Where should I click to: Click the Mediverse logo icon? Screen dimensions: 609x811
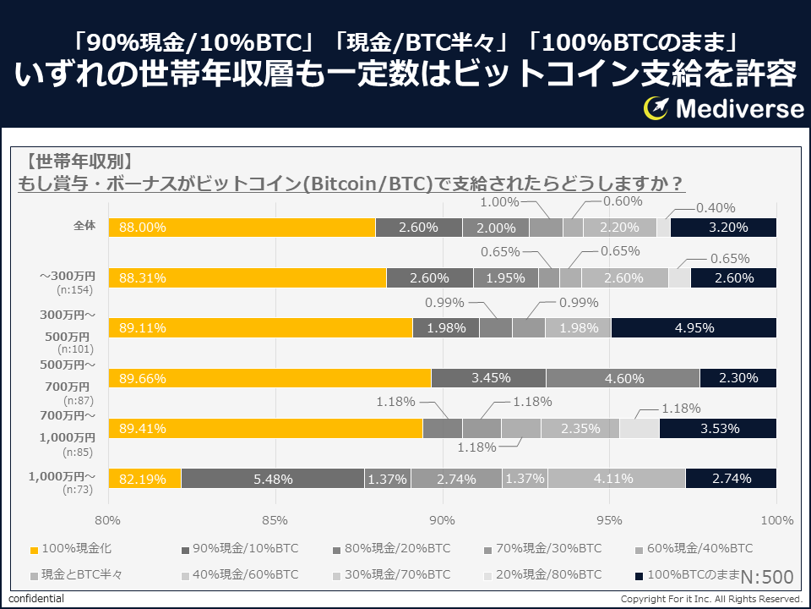[x=656, y=107]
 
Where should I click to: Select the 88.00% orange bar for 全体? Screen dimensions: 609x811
[x=242, y=228]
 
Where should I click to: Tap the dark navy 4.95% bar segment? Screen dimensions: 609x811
[x=694, y=328]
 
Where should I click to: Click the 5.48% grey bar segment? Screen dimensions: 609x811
[x=272, y=479]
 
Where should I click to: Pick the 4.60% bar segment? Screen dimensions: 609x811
[x=623, y=378]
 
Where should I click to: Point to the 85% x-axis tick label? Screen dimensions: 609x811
[x=275, y=519]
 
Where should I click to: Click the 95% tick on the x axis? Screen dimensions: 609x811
[x=609, y=519]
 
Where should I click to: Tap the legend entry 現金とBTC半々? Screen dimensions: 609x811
[x=76, y=575]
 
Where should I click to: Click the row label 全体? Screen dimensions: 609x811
[x=84, y=226]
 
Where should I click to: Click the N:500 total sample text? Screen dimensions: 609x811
[x=767, y=577]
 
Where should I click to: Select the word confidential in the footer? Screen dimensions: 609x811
[x=36, y=599]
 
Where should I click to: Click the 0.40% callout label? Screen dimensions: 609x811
[x=716, y=208]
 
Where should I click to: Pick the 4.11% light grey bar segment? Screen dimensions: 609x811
[x=616, y=479]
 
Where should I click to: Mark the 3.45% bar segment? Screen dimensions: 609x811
[x=488, y=378]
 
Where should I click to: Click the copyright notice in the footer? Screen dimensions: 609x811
[x=710, y=599]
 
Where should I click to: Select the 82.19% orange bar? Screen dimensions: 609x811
[x=144, y=479]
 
